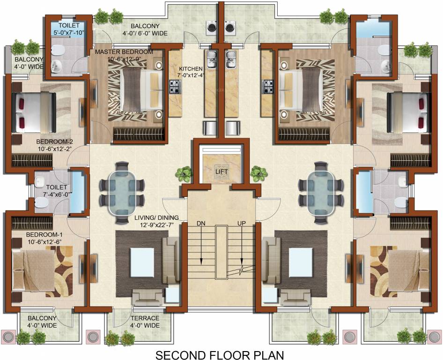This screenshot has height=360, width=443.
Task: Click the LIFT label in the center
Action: (220, 172)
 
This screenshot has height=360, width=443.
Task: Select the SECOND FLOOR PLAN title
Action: (220, 353)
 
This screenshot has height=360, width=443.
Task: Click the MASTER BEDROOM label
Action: (124, 52)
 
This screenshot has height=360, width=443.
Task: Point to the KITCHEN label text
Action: (190, 69)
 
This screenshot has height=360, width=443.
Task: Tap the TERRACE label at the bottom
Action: (145, 318)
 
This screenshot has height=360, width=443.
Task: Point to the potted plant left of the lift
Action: (184, 174)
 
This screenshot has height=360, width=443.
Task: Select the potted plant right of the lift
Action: (258, 173)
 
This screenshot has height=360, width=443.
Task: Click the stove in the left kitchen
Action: (175, 86)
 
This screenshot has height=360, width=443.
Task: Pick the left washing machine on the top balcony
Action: (211, 27)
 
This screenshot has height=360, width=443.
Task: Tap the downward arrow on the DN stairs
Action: (201, 251)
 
